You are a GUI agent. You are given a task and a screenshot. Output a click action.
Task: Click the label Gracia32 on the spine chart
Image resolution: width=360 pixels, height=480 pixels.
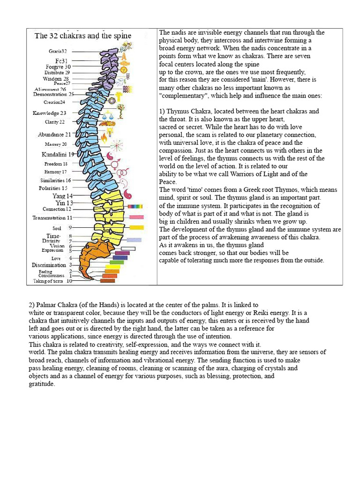[x=58, y=51]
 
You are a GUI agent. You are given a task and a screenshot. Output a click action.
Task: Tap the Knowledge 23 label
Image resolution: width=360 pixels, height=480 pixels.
[x=49, y=113]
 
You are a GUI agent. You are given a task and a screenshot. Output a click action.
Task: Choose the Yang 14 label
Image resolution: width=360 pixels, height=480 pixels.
[x=62, y=195]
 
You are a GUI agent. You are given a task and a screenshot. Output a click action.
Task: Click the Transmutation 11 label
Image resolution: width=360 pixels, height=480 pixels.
[x=52, y=217]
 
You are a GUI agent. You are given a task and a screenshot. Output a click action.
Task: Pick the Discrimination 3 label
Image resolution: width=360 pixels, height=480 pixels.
[x=52, y=265]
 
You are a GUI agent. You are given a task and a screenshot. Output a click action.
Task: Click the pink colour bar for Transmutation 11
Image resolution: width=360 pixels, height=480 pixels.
[x=136, y=217]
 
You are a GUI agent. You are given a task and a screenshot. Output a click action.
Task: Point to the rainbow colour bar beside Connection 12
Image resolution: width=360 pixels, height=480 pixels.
[x=135, y=206]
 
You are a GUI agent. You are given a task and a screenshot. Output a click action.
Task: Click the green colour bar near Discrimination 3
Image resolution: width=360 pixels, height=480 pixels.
[x=116, y=262]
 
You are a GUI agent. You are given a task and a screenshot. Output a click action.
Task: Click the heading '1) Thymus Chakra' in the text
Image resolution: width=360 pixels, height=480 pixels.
[x=187, y=112]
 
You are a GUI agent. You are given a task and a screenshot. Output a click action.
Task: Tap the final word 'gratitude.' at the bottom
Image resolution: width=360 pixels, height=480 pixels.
[x=42, y=384]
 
